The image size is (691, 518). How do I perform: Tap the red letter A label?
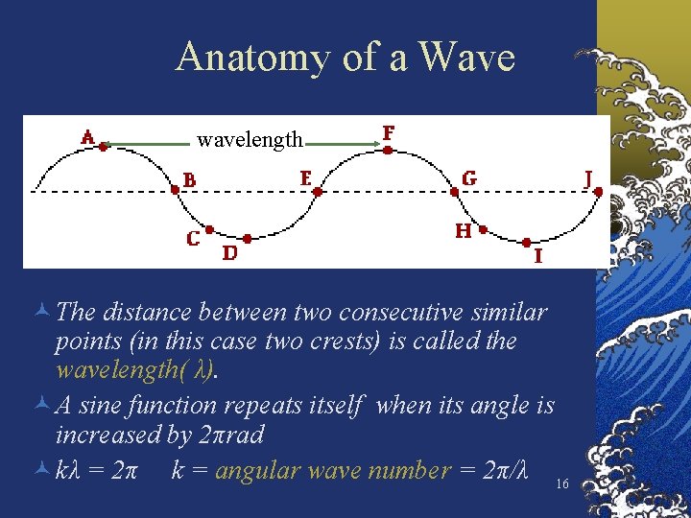tap(87, 137)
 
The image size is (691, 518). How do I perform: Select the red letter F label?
tap(388, 132)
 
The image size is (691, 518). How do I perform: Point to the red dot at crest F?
tap(387, 149)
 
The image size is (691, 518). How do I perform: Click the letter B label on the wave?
tap(190, 180)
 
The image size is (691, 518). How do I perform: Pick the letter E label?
tap(305, 178)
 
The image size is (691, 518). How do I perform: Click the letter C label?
tap(194, 237)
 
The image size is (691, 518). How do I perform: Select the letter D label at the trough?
tap(230, 253)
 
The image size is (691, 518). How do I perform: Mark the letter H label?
tap(463, 231)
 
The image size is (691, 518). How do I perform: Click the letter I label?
tap(537, 255)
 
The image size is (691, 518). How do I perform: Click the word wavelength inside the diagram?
tap(250, 141)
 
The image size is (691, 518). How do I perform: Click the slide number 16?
tap(562, 485)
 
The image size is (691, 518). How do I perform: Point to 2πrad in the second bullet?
tap(229, 436)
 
